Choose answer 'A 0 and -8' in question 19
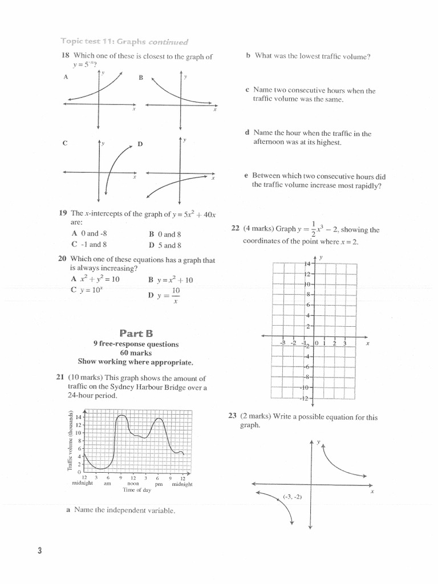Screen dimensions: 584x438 [89, 234]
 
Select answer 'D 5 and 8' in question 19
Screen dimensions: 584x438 [165, 245]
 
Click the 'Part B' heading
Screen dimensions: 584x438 [136, 332]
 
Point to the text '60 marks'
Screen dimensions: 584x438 [136, 353]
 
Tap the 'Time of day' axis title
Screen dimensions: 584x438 [137, 490]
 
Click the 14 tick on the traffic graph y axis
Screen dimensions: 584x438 [79, 417]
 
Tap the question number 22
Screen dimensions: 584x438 [235, 229]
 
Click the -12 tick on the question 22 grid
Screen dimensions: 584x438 [305, 398]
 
